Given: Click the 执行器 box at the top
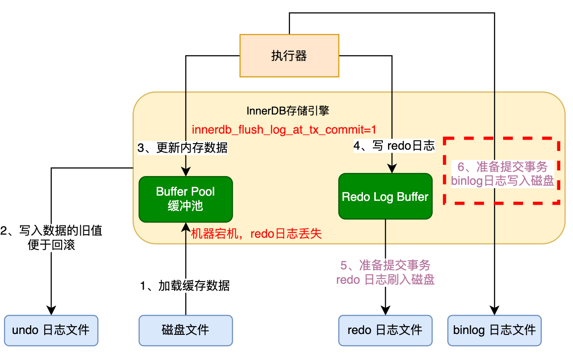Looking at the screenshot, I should pyautogui.click(x=289, y=56).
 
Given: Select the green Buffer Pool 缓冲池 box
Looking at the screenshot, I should pyautogui.click(x=185, y=199).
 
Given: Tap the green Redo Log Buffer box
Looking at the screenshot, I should pyautogui.click(x=385, y=196).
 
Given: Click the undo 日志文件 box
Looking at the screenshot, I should pyautogui.click(x=51, y=330).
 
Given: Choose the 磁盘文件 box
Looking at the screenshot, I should pyautogui.click(x=185, y=330).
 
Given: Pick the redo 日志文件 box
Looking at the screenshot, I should pyautogui.click(x=385, y=330).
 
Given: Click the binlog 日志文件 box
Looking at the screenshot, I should pyautogui.click(x=494, y=330).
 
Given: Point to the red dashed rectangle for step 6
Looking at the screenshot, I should pyautogui.click(x=502, y=170).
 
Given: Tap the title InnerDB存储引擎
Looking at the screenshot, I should pyautogui.click(x=288, y=111).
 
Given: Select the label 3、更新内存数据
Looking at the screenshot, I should pyautogui.click(x=182, y=148).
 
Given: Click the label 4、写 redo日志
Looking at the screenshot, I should pyautogui.click(x=394, y=146).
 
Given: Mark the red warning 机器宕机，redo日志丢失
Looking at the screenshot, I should pyautogui.click(x=257, y=234).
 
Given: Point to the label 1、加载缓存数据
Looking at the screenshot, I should pyautogui.click(x=184, y=285).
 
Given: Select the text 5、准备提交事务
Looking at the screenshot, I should pyautogui.click(x=385, y=265).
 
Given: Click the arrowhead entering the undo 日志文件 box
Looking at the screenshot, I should pyautogui.click(x=51, y=311).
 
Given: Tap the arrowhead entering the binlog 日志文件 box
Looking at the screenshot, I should pyautogui.click(x=494, y=311).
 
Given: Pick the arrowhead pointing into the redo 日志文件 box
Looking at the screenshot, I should pyautogui.click(x=385, y=311).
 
